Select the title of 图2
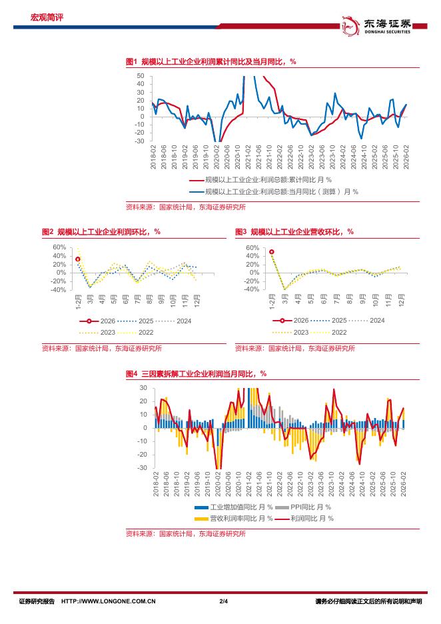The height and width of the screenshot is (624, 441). [101, 232]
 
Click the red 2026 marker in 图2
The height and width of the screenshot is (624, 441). [78, 259]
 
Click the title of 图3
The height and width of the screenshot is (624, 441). [294, 232]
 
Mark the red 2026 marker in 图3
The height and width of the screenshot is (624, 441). [272, 252]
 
